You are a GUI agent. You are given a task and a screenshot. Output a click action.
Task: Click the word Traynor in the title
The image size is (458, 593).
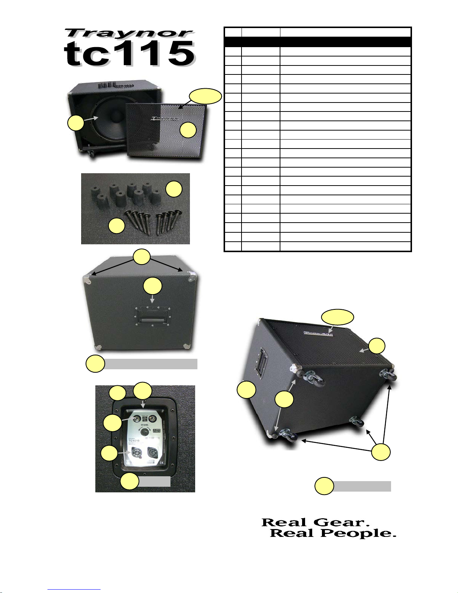[x=129, y=34]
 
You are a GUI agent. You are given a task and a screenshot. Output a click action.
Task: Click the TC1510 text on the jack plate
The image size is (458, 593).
[x=135, y=440]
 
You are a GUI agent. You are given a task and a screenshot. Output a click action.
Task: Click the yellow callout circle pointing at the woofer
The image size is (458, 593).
[x=76, y=123]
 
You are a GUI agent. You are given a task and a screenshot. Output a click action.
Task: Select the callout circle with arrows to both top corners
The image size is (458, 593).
[x=142, y=257]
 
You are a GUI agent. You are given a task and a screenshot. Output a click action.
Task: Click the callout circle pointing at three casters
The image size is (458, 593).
[x=381, y=452]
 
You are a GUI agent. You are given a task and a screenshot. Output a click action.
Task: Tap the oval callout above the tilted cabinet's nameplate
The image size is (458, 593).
[x=338, y=317]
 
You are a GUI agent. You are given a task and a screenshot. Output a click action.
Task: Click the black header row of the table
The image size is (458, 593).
[x=317, y=42]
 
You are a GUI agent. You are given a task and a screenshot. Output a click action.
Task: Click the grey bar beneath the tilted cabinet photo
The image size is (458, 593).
[x=362, y=486]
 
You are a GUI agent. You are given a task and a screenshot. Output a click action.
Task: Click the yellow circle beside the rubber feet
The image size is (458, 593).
[x=174, y=190]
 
